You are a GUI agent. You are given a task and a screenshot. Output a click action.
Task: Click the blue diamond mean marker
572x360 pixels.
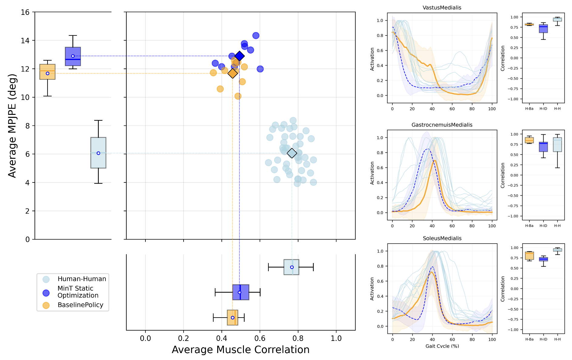[x=240, y=56]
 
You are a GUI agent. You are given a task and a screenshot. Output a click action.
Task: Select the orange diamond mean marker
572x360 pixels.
[x=233, y=73]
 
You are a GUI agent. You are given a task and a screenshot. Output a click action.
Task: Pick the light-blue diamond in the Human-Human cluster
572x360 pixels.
[x=292, y=153]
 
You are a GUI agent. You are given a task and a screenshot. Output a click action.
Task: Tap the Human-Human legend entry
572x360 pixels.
[x=82, y=279]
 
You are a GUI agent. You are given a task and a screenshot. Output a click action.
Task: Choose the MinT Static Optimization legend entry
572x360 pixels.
[x=78, y=292]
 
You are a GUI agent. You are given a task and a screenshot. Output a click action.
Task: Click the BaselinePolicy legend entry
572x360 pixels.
[x=80, y=305]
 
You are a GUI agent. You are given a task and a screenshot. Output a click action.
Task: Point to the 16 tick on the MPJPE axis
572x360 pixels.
[x=25, y=12]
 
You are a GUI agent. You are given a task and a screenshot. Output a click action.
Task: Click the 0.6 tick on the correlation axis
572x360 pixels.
[x=260, y=338]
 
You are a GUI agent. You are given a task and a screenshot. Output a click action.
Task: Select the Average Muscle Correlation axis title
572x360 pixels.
[x=241, y=350]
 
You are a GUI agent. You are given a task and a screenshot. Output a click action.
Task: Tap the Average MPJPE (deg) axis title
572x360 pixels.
[x=12, y=126]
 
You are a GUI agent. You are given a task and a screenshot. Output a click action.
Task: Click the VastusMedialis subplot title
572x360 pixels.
[x=442, y=8]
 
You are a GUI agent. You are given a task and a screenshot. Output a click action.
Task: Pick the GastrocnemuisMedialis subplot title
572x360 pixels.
[x=442, y=125]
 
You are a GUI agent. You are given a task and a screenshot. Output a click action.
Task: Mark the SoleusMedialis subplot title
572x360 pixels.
[x=442, y=238]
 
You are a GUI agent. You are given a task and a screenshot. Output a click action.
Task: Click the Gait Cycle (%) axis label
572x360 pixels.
[x=442, y=346]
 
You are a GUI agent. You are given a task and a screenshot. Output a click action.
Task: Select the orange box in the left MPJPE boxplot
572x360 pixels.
[x=48, y=72]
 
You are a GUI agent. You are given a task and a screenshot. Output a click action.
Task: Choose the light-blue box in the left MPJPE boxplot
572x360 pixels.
[x=98, y=153]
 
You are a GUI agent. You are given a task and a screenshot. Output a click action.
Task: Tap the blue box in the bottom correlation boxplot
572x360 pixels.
[x=241, y=292]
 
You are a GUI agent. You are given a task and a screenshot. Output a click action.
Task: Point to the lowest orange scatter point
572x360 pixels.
[x=238, y=96]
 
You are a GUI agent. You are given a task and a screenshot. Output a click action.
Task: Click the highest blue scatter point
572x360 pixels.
[x=256, y=35]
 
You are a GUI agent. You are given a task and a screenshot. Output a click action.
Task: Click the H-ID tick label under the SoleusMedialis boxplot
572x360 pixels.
[x=544, y=339]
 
